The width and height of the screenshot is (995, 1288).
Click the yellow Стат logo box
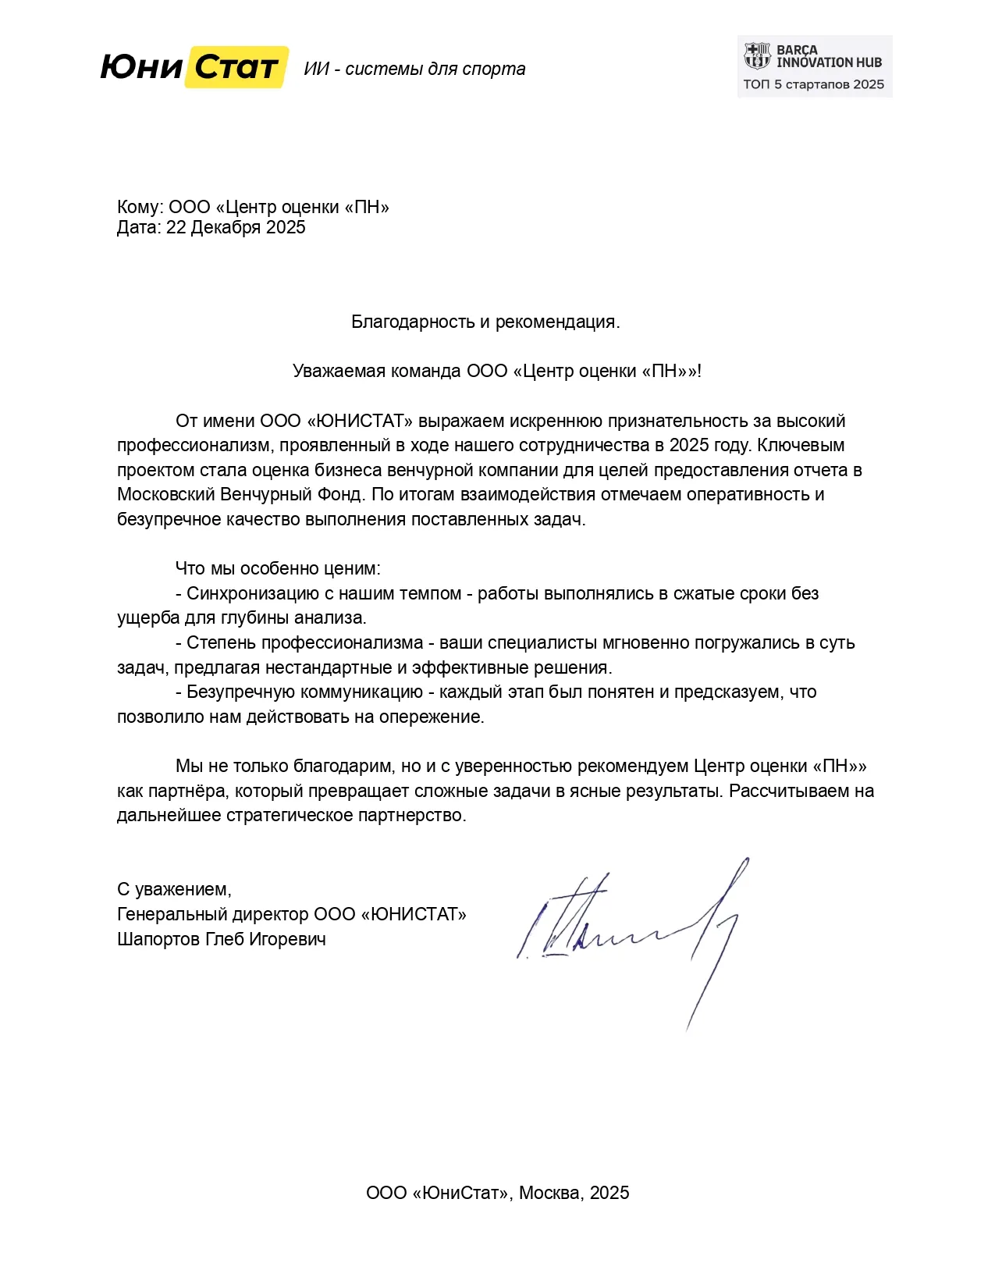coord(236,68)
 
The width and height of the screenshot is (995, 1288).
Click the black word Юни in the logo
coord(141,68)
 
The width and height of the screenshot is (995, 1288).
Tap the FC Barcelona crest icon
coord(756,56)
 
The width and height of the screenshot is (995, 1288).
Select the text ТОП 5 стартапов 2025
coord(813,84)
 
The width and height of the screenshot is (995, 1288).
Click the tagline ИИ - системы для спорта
coord(414,69)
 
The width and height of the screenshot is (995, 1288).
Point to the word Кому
coord(139,207)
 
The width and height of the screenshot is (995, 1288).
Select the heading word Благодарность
coord(413,322)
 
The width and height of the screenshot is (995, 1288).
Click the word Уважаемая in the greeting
coord(338,371)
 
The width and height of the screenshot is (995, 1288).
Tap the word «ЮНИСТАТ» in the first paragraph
coord(360,421)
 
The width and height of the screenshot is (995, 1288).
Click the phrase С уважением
coord(173,889)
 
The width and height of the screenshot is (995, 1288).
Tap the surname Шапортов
coord(158,939)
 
